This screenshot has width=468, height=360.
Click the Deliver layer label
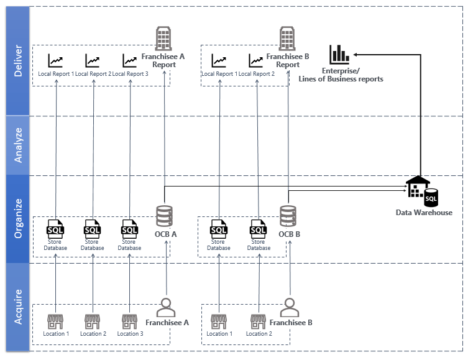[x=18, y=60]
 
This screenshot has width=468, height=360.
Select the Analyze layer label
[x=18, y=145]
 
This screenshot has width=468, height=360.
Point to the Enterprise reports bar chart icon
[x=339, y=54]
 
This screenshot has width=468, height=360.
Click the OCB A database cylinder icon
[x=165, y=216]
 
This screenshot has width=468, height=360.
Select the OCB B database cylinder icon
[x=287, y=216]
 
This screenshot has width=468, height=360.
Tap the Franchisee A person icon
[x=165, y=307]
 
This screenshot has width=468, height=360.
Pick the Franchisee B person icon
[x=287, y=307]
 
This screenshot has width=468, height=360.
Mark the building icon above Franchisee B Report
[x=287, y=38]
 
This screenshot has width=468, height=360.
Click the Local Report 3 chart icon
[x=129, y=60]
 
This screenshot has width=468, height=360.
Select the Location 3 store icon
[x=129, y=321]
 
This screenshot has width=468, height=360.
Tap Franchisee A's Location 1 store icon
[x=56, y=321]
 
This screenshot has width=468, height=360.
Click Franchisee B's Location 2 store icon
[x=258, y=321]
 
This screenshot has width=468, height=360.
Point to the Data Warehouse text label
[x=424, y=213]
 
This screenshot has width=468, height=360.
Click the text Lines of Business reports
[x=349, y=79]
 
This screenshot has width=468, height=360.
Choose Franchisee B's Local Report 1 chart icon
[x=219, y=60]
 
